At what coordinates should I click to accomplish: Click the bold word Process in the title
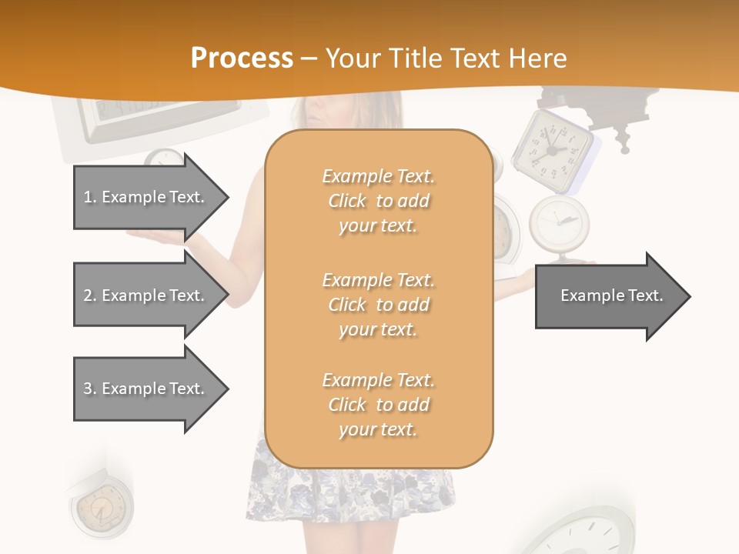[x=242, y=58]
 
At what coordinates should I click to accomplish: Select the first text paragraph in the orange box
[x=378, y=201]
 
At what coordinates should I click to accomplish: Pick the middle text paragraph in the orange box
[x=378, y=305]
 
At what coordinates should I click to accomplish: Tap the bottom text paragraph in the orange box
[x=378, y=405]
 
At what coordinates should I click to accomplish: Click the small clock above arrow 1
[x=163, y=158]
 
